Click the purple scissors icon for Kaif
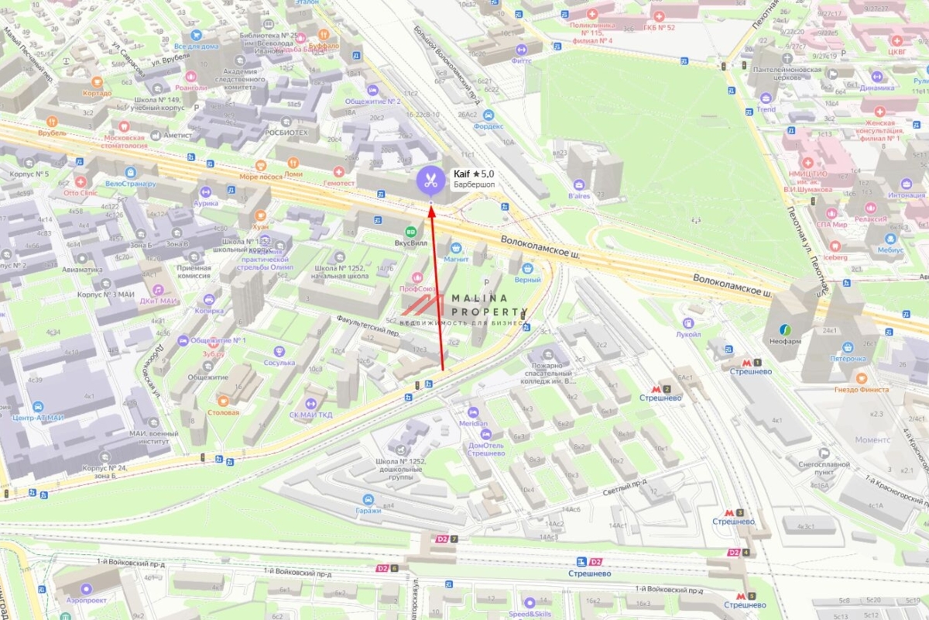[x=431, y=181]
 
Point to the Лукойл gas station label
[x=688, y=334]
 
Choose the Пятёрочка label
[x=848, y=359]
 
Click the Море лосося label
[x=260, y=176]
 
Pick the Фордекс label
[x=488, y=126]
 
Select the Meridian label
[x=473, y=423]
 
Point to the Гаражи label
[x=369, y=510]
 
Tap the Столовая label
[x=223, y=412]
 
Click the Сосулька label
[x=279, y=362]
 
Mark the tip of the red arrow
[x=431, y=205]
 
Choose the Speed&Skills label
[x=530, y=614]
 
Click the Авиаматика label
[x=82, y=270]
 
